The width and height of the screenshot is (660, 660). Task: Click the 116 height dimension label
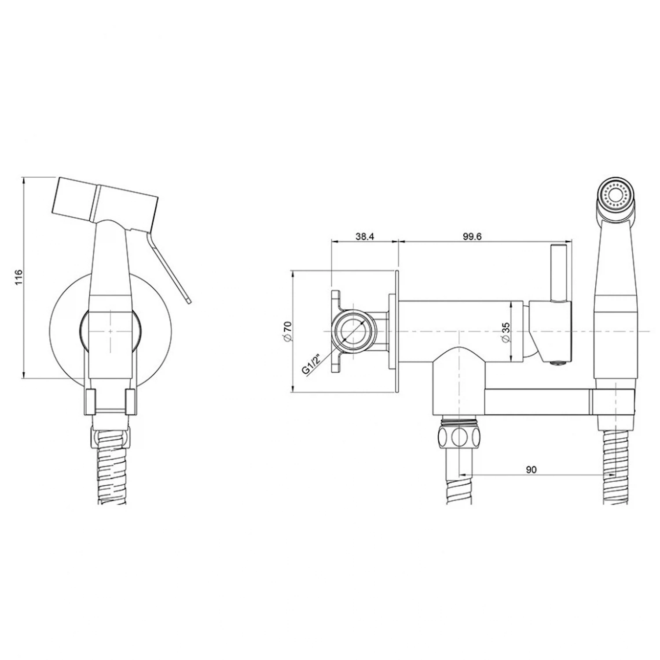(x=18, y=278)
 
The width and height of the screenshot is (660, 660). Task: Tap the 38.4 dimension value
(x=365, y=236)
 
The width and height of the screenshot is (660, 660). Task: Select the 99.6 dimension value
(x=472, y=236)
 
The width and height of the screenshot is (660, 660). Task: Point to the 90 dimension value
(x=531, y=469)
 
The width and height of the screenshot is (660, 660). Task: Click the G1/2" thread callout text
(x=312, y=361)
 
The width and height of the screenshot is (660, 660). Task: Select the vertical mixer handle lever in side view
(x=557, y=273)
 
